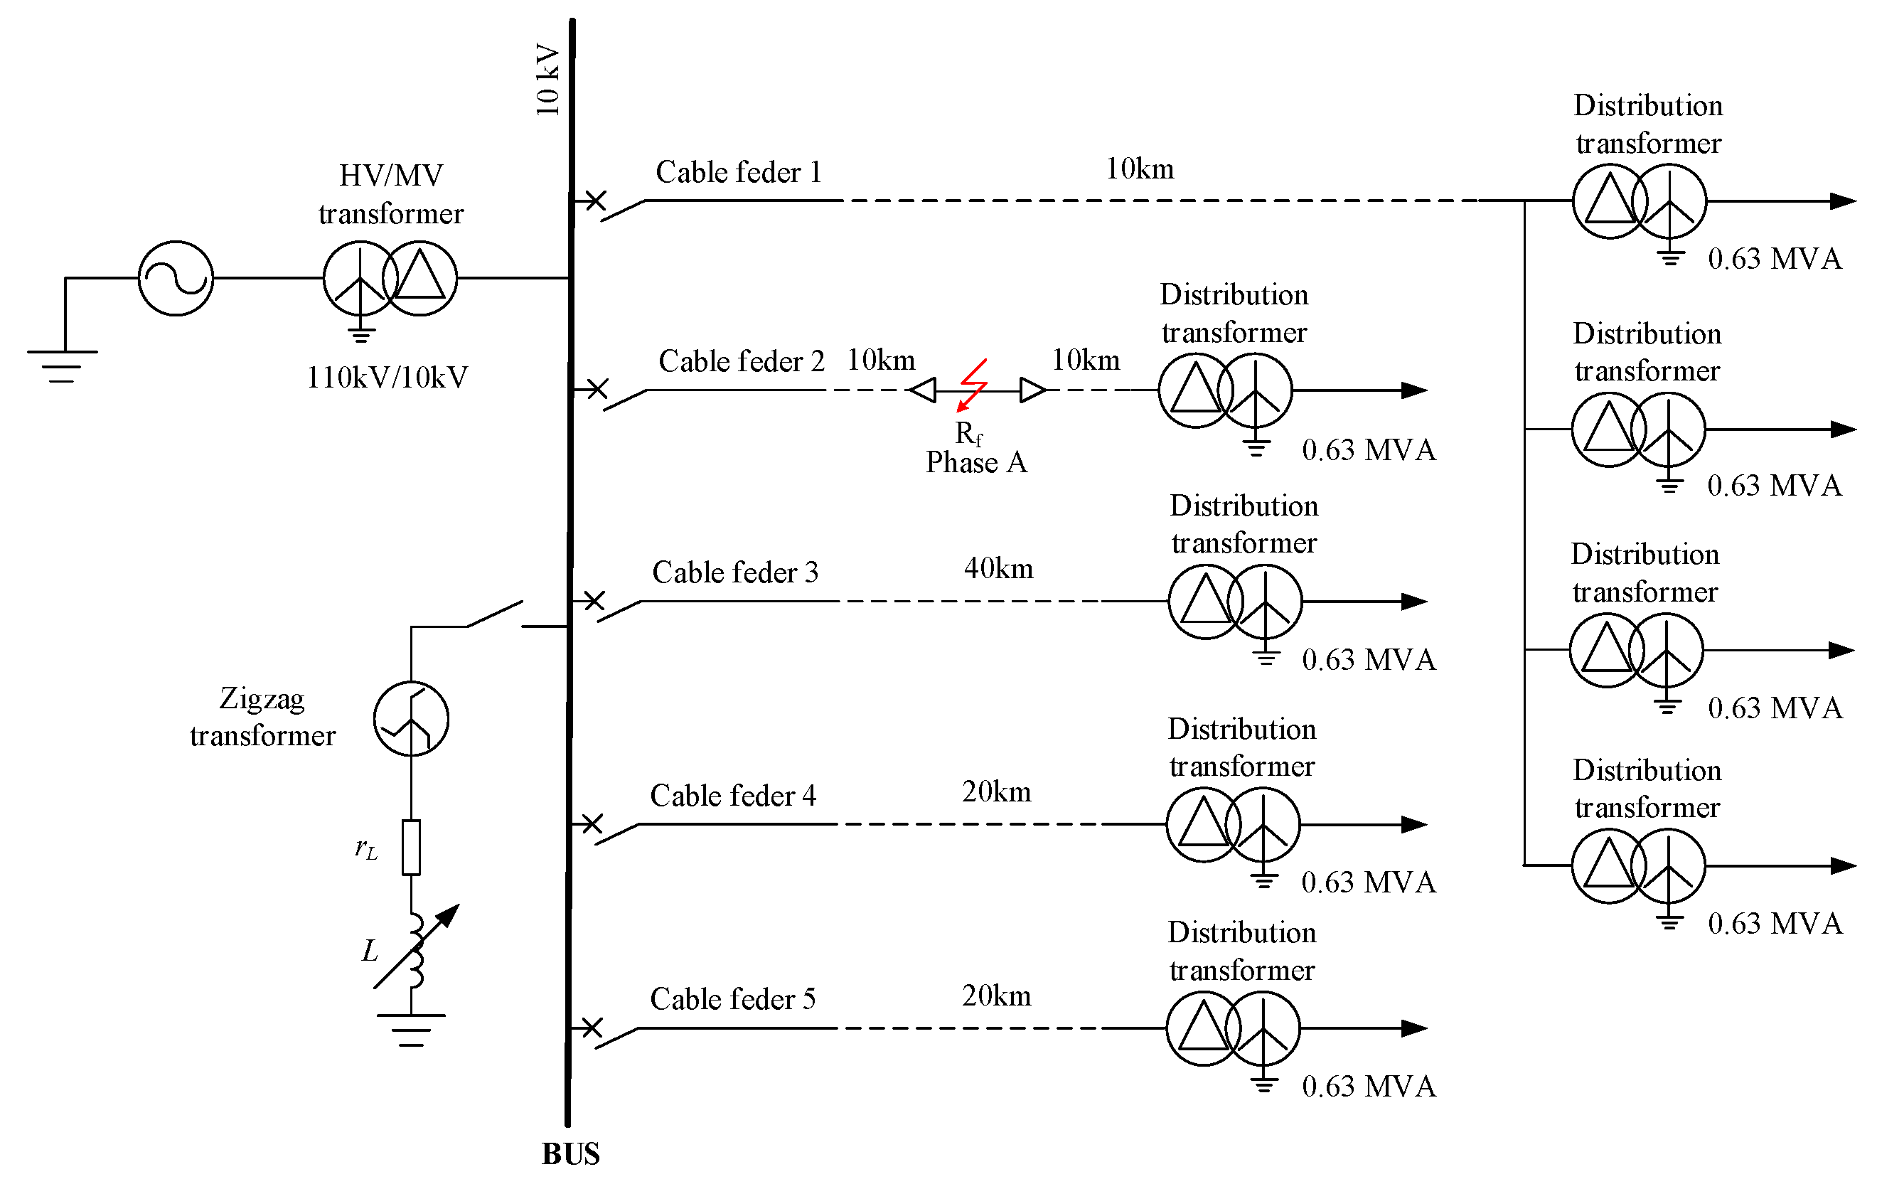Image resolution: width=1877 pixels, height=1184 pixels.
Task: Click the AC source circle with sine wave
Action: pos(176,278)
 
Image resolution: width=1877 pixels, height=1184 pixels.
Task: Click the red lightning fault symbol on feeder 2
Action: pos(972,384)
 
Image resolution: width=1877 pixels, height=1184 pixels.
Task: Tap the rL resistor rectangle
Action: pos(411,847)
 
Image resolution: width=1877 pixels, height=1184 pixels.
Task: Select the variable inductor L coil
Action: pos(416,951)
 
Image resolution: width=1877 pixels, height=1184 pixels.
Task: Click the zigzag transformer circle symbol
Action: pos(411,719)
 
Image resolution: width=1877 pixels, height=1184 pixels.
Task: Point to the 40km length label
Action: pos(998,568)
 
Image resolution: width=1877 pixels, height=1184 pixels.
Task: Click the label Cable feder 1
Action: pos(738,172)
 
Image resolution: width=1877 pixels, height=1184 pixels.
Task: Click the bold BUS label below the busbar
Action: pos(571,1153)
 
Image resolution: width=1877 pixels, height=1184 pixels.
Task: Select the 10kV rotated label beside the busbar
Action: pos(548,80)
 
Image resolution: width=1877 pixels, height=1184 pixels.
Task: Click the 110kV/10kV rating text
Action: pos(387,378)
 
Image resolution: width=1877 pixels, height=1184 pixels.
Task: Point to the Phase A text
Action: pos(976,463)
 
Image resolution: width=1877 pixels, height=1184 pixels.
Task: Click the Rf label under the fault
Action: pos(968,433)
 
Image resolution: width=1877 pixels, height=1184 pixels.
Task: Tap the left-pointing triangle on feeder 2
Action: pos(923,390)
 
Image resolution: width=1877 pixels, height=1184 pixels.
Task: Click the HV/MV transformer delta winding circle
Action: pos(420,278)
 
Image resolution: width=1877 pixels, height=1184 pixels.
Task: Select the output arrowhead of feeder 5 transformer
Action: pos(1414,1028)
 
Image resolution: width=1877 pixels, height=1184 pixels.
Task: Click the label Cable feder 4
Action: pos(733,796)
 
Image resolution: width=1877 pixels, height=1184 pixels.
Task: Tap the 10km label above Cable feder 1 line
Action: pos(1140,169)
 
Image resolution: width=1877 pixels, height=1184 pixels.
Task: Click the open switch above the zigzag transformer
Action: pos(494,614)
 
